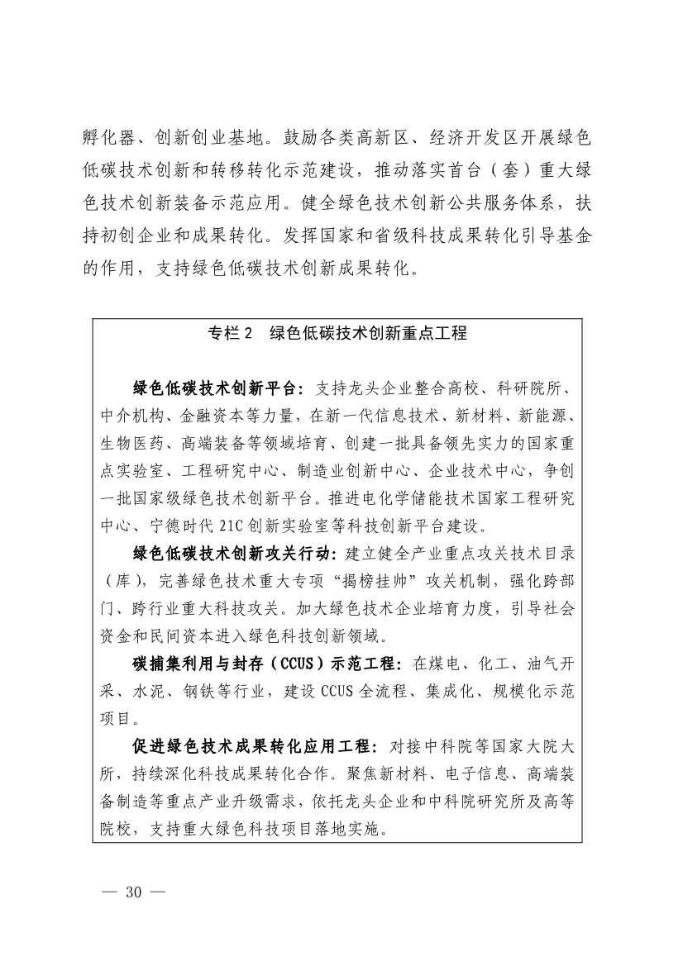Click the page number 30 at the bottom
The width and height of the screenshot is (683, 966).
(134, 892)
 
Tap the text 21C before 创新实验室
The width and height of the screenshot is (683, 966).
(232, 526)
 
